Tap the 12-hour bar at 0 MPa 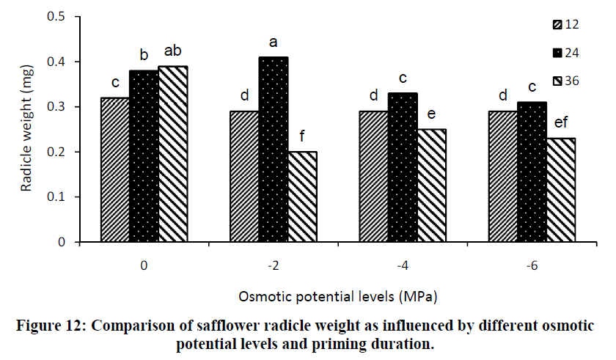point(114,169)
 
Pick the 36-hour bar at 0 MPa point(173,154)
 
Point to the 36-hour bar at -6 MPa point(561,190)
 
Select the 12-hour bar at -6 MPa point(503,177)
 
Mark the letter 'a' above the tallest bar point(273,43)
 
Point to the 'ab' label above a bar point(173,51)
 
